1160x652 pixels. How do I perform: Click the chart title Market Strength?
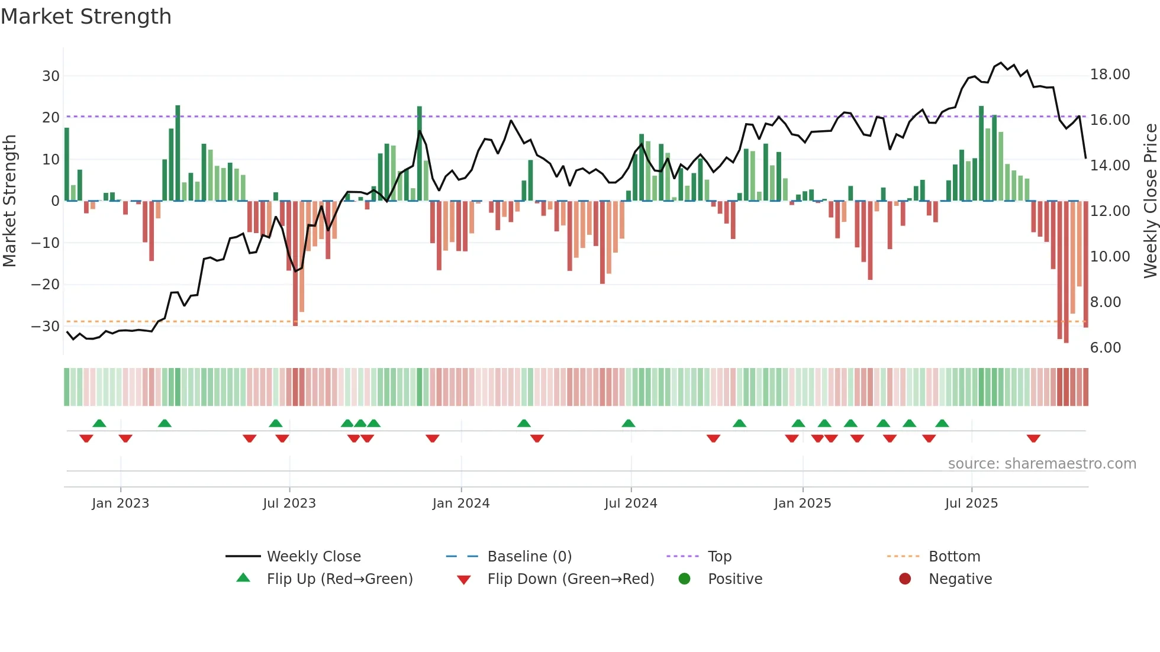(x=86, y=17)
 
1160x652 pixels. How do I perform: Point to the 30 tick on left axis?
(x=51, y=76)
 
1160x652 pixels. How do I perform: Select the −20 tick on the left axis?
(x=46, y=285)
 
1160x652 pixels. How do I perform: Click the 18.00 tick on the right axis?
(x=1110, y=75)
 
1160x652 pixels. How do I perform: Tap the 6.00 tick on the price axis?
(x=1105, y=348)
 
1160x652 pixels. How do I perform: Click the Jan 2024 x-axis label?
(x=461, y=503)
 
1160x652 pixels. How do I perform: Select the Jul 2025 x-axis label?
(x=971, y=503)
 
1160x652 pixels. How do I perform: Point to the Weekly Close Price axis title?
(x=1150, y=201)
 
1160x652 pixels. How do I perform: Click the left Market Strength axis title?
(x=9, y=201)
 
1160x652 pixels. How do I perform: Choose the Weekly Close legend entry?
(x=313, y=557)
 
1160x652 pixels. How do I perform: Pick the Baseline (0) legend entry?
(x=529, y=557)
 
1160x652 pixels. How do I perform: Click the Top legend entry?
(x=719, y=557)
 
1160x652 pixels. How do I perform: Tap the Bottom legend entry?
(x=954, y=557)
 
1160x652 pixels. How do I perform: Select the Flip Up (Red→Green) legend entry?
(x=339, y=579)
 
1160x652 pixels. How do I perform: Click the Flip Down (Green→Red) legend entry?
(x=571, y=579)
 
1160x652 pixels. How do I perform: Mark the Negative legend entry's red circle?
(x=905, y=579)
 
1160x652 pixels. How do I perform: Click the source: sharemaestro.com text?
(x=1042, y=464)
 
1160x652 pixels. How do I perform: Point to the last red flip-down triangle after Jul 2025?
(x=1033, y=438)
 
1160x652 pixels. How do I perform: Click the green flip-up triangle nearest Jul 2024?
(x=629, y=423)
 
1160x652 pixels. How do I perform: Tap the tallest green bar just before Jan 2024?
(x=420, y=154)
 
